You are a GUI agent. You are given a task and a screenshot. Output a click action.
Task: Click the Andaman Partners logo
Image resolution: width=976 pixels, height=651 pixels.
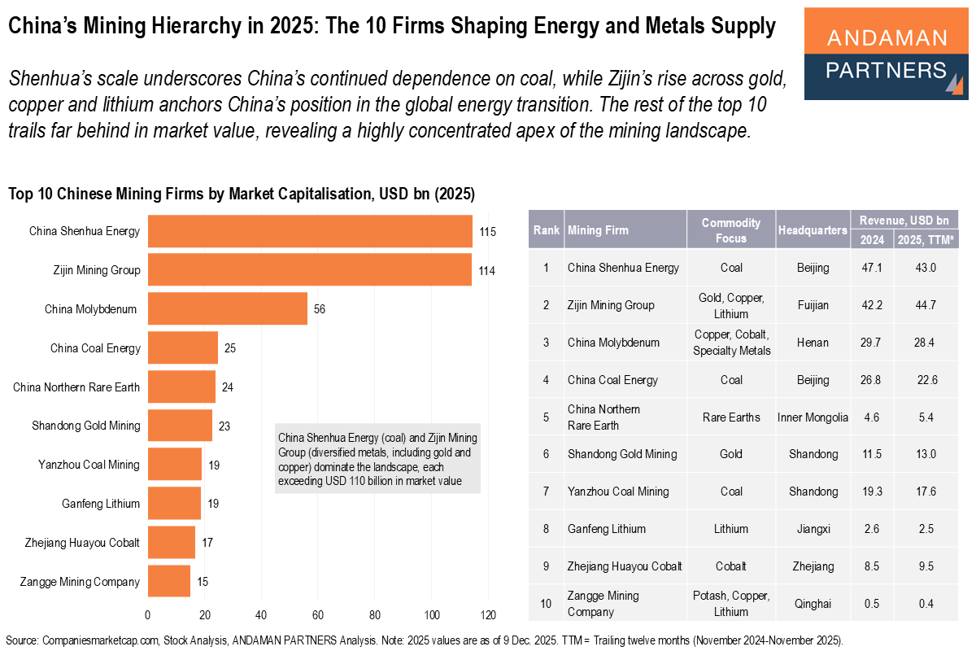tap(886, 54)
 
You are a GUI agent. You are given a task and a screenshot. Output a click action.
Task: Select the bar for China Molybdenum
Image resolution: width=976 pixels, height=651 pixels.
tap(227, 309)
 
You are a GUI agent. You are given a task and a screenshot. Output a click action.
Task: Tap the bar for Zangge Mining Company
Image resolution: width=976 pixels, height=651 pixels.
tap(168, 582)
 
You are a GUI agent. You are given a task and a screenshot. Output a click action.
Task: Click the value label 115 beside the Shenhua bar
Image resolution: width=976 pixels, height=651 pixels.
tap(487, 232)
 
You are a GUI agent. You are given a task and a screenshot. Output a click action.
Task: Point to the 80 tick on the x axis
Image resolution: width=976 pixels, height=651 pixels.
tap(375, 614)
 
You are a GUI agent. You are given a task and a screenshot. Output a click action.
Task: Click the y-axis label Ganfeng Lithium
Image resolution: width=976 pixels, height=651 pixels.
tap(101, 504)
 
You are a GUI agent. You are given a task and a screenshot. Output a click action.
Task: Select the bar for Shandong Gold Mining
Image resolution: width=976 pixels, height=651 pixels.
tap(180, 426)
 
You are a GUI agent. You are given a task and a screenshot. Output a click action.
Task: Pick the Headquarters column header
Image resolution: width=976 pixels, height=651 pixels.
tap(812, 230)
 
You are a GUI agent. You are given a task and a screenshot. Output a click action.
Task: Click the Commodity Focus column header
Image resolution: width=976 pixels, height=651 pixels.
tap(730, 230)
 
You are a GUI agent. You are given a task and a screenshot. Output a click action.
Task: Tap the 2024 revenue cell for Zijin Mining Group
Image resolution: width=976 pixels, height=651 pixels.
tap(870, 305)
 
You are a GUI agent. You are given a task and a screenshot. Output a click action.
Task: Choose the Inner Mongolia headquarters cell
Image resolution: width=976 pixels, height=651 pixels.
tap(812, 417)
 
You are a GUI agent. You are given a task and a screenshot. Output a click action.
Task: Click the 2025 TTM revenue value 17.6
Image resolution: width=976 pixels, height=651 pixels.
tap(926, 492)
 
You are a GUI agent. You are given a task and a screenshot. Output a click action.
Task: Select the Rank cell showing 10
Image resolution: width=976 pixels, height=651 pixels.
tap(546, 603)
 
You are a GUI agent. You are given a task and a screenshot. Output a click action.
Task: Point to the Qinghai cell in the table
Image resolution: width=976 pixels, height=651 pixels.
tap(812, 603)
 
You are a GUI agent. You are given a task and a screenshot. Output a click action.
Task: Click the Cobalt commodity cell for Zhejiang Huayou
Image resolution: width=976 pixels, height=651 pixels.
tap(730, 566)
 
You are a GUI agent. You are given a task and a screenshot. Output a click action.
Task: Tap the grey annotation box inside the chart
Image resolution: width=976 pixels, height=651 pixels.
tap(377, 458)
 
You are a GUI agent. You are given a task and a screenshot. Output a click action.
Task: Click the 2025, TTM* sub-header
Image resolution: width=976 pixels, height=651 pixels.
tap(926, 240)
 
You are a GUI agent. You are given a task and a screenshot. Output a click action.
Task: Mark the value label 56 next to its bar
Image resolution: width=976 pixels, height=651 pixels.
tap(320, 310)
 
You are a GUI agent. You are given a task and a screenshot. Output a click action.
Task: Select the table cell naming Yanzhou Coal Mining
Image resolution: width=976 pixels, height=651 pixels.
tap(618, 492)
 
